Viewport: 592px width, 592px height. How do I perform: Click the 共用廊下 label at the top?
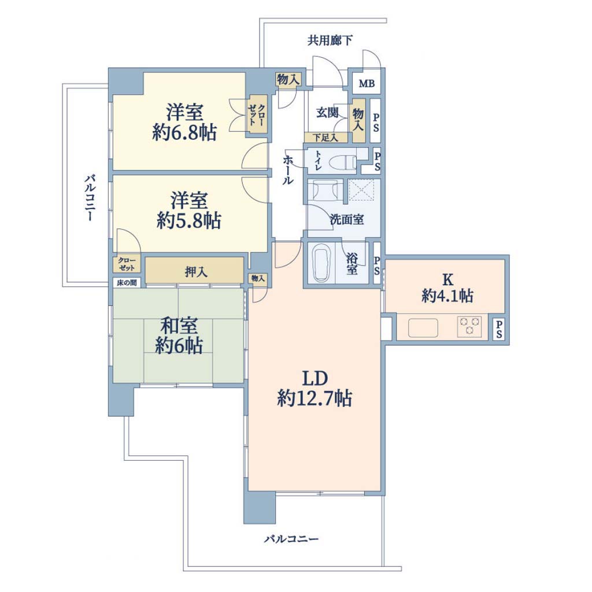click(330, 40)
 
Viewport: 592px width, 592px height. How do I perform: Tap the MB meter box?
click(366, 83)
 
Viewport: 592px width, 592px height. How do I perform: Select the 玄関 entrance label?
click(327, 113)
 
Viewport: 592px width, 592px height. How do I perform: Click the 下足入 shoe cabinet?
click(325, 138)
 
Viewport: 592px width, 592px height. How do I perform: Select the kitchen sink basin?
click(423, 328)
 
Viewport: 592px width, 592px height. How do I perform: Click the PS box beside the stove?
click(499, 329)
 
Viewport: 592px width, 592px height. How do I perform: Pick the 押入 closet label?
click(196, 272)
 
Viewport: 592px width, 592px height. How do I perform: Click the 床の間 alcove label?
click(127, 282)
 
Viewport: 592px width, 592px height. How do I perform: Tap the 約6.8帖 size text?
click(184, 133)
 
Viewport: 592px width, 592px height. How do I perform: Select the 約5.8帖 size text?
click(189, 221)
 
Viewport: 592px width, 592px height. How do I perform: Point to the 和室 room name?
click(179, 326)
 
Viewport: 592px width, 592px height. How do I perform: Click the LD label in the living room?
click(314, 378)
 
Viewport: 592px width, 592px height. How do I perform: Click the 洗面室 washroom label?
click(347, 220)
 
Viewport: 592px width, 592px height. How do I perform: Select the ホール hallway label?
click(288, 169)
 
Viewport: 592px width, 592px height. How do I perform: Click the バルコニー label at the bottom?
click(291, 538)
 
